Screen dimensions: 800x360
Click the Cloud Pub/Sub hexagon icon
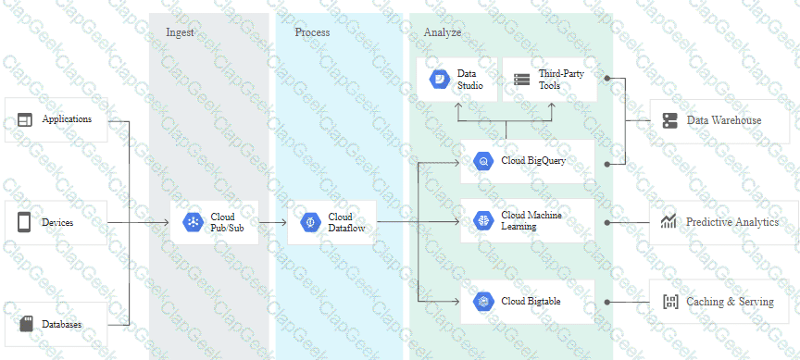coord(193,222)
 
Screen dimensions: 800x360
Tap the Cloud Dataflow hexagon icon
coord(310,222)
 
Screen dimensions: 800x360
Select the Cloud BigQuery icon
coord(483,161)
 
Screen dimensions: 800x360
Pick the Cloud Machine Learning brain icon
coord(483,220)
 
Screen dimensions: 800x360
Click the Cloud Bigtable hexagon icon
coord(483,301)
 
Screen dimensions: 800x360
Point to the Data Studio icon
coord(439,79)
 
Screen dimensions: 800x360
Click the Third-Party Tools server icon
coord(522,80)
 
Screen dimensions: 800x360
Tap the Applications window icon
coord(24,119)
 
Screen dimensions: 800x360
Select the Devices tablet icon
coord(24,222)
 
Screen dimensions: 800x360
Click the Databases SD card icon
coord(26,324)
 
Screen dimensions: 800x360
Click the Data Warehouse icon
coord(669,120)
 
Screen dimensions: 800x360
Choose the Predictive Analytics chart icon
coord(669,222)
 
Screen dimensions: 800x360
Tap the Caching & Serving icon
coord(669,302)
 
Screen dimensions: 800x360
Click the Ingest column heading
coord(181,32)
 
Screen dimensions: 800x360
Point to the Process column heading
coord(312,32)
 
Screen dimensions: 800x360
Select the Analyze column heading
coord(443,32)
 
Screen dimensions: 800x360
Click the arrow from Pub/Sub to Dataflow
coord(272,222)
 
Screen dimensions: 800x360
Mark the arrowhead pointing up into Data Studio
coord(458,106)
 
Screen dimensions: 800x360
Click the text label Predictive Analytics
coord(732,222)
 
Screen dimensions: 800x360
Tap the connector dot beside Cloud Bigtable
coord(607,302)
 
